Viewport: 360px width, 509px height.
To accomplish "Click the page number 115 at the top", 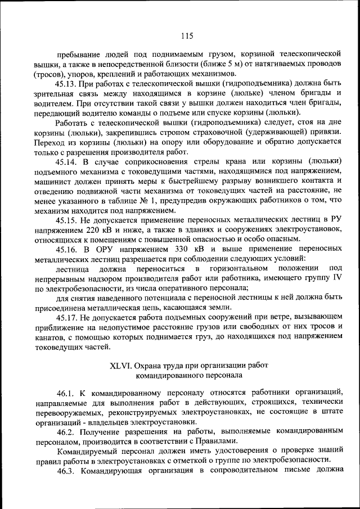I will coord(187,36).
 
